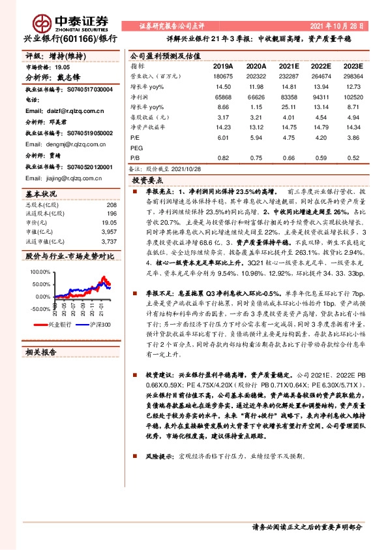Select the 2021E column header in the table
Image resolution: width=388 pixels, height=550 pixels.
pos(289,67)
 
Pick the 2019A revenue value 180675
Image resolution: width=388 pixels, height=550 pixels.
pos(223,76)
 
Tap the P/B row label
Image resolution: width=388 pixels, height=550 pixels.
pos(136,157)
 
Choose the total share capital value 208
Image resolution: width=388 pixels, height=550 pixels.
pos(112,205)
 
